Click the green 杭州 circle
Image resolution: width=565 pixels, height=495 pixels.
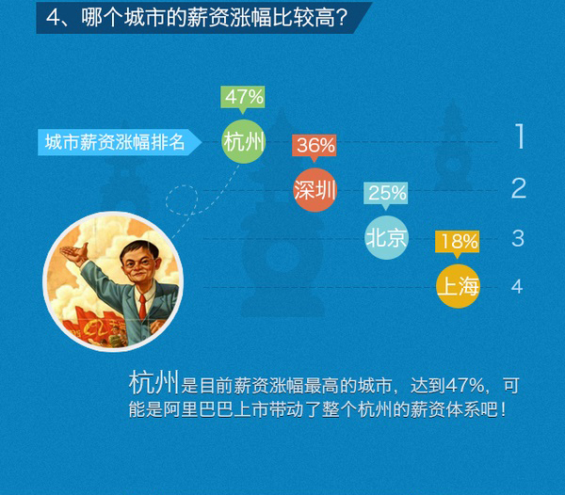(243, 141)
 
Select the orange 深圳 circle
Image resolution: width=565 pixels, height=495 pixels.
(315, 190)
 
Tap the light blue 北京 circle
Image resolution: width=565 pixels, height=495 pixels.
(386, 237)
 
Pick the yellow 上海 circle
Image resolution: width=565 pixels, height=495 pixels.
(458, 286)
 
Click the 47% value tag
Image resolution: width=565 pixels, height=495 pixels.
(243, 98)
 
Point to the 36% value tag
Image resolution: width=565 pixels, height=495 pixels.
(315, 147)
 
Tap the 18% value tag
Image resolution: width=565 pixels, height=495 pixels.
(457, 243)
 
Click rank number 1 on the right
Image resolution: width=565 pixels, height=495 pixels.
(519, 136)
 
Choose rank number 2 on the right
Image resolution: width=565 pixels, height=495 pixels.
(519, 188)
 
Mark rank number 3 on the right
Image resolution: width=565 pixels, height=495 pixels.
(518, 238)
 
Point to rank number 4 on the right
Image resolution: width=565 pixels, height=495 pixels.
(517, 287)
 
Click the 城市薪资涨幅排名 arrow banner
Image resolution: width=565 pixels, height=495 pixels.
(120, 142)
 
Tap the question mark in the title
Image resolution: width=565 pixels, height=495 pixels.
(342, 17)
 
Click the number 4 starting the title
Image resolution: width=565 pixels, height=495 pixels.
(53, 17)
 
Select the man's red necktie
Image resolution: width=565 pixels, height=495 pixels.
(143, 307)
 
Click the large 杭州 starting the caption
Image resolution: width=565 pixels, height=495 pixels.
(153, 383)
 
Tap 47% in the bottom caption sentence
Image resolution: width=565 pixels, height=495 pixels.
(465, 385)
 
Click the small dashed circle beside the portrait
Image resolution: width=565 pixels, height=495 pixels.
(182, 200)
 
